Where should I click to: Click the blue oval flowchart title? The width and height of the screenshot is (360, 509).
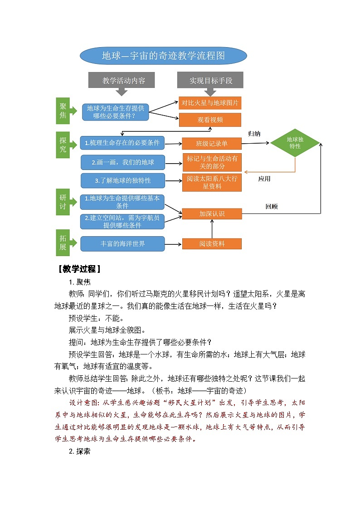163,56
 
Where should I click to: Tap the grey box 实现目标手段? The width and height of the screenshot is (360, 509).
210,80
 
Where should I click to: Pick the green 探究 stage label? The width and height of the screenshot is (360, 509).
63,145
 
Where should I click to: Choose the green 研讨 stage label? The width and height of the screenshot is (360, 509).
63,203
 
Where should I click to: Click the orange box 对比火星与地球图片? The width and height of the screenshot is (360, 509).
210,103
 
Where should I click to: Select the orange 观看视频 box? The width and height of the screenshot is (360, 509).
210,120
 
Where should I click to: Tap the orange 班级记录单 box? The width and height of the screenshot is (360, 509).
211,144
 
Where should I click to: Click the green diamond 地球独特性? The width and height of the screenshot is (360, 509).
295,143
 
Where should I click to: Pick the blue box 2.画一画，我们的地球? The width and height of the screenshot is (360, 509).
122,162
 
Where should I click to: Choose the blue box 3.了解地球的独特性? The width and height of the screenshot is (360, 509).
122,180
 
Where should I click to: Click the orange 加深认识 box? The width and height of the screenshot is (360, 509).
212,213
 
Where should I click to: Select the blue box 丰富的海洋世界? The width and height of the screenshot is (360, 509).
122,244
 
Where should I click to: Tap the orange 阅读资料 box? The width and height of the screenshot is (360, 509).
212,244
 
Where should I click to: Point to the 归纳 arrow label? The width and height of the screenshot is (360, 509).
254,134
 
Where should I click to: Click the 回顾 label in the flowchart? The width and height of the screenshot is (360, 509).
271,207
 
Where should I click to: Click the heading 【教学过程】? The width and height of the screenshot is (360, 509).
79,269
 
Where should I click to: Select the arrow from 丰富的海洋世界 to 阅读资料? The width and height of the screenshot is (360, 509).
173,244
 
